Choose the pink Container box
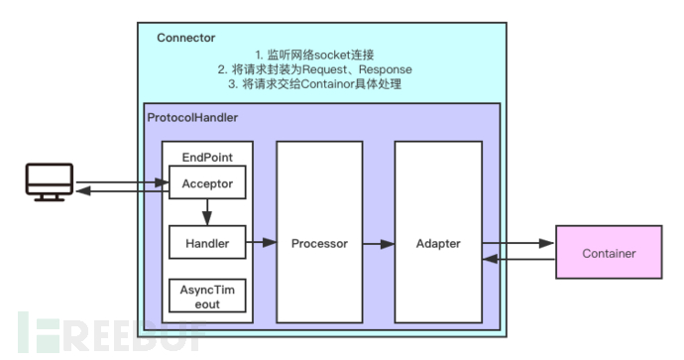coord(609,254)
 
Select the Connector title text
coord(185,38)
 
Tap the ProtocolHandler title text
coord(192,117)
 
